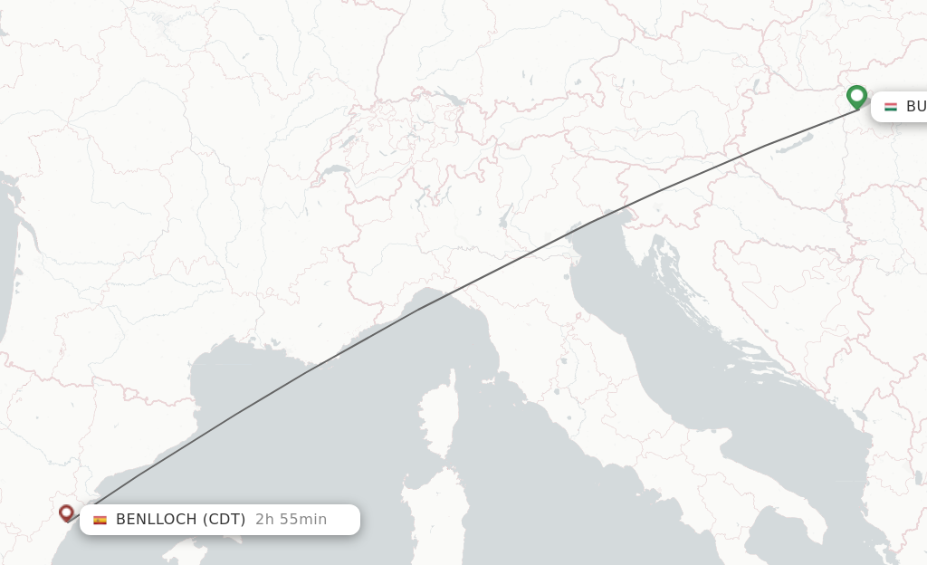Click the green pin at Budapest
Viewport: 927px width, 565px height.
point(856,95)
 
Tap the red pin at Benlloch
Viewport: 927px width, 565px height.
point(66,512)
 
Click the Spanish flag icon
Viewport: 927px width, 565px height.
point(100,520)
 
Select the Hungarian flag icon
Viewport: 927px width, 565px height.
point(891,107)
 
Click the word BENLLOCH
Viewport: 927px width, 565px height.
point(157,519)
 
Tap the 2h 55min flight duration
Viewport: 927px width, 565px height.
point(291,519)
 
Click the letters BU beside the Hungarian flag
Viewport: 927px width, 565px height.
point(915,107)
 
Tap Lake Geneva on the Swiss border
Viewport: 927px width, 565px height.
point(336,169)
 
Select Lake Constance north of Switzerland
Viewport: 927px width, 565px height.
point(448,96)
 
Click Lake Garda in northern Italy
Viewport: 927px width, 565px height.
point(504,216)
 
